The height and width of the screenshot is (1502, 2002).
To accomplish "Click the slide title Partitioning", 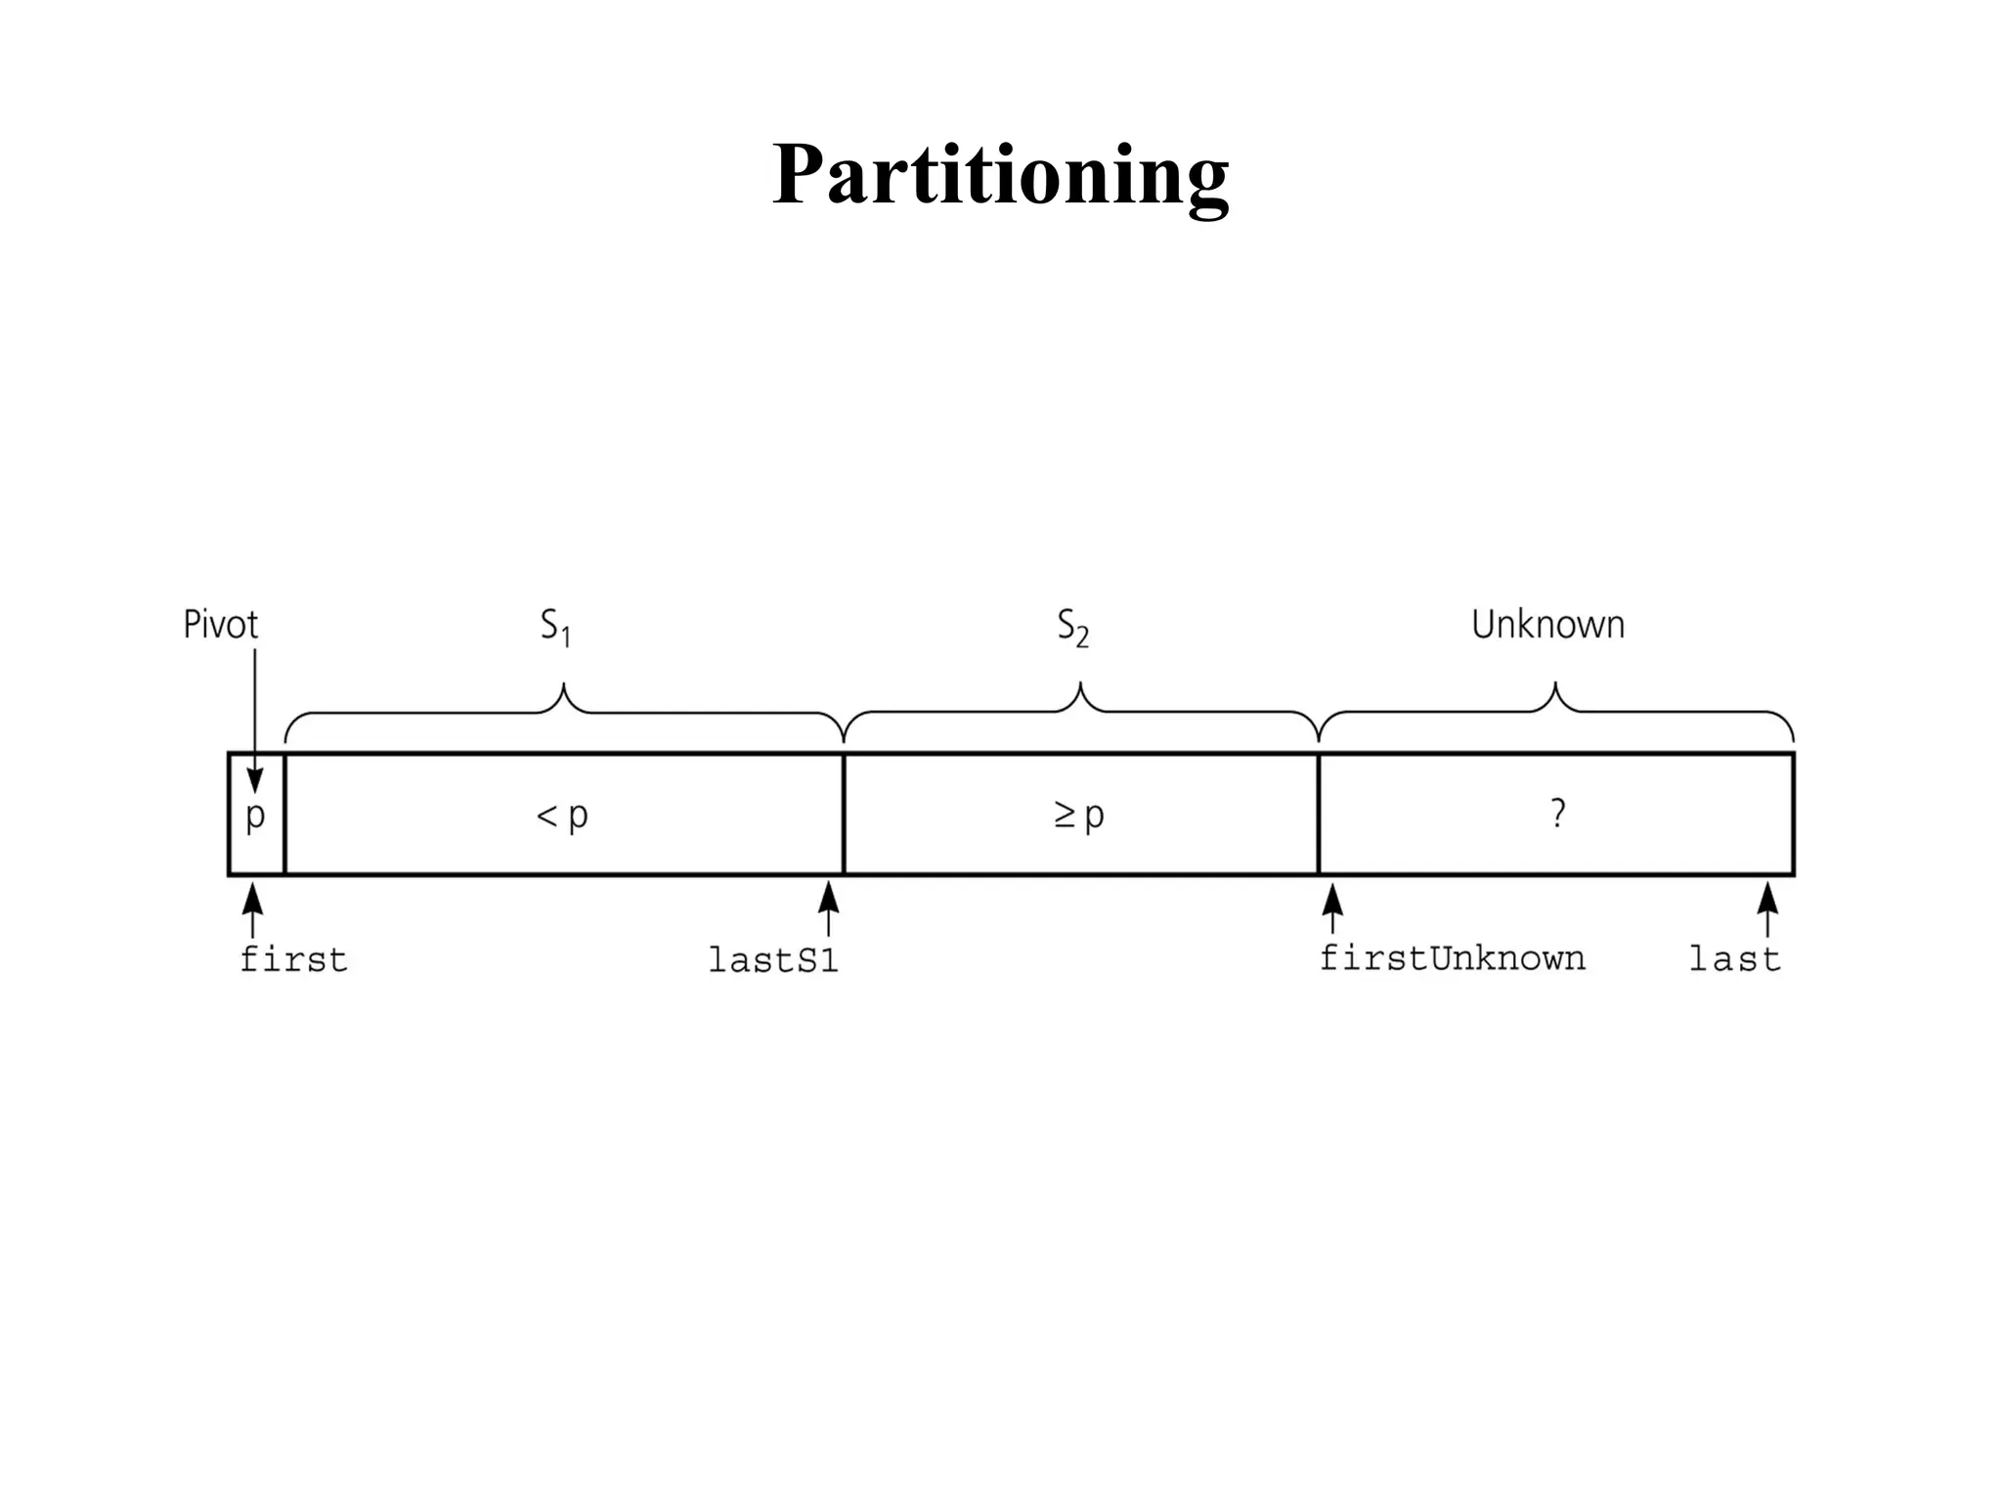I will (x=1000, y=176).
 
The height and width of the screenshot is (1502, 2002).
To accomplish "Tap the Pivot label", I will (x=221, y=625).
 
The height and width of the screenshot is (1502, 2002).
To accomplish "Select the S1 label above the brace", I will (x=556, y=627).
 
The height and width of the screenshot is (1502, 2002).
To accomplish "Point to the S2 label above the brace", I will (x=1073, y=627).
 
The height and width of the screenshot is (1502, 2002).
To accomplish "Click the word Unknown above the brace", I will (x=1547, y=625).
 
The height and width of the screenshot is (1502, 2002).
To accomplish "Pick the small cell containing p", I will (x=256, y=815).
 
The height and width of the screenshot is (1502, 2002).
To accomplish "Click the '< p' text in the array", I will (x=562, y=815).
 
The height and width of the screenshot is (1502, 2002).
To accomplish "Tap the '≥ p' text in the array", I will (x=1079, y=815).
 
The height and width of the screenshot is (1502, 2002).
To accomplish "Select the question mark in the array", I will (x=1557, y=814).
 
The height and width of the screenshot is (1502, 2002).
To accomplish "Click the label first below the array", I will (x=293, y=960).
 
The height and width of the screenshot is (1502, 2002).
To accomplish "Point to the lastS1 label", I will (x=773, y=961).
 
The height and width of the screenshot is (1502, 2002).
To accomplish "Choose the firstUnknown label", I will (x=1453, y=958).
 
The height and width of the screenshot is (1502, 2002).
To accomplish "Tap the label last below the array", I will (x=1735, y=959).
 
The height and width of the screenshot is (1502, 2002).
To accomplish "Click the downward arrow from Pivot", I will (x=254, y=724).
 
